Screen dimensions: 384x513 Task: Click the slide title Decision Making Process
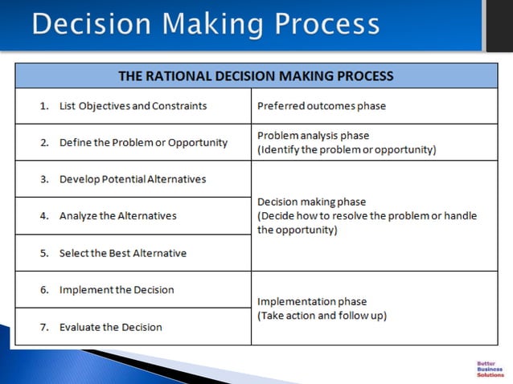tap(206, 24)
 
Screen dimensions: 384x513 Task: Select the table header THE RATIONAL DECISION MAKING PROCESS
tap(256, 76)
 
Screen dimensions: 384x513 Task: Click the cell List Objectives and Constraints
tap(133, 106)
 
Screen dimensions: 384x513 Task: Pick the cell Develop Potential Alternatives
tap(133, 179)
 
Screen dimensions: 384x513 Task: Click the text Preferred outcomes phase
tap(321, 106)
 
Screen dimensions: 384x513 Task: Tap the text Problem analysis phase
tap(313, 136)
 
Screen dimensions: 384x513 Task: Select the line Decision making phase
tap(311, 202)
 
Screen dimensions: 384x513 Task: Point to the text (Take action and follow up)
tap(322, 316)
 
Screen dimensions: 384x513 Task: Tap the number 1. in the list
tap(45, 106)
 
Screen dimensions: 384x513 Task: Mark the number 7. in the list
tap(45, 327)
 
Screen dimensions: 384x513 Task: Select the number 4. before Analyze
tap(45, 216)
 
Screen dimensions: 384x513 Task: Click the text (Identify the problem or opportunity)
tap(347, 149)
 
